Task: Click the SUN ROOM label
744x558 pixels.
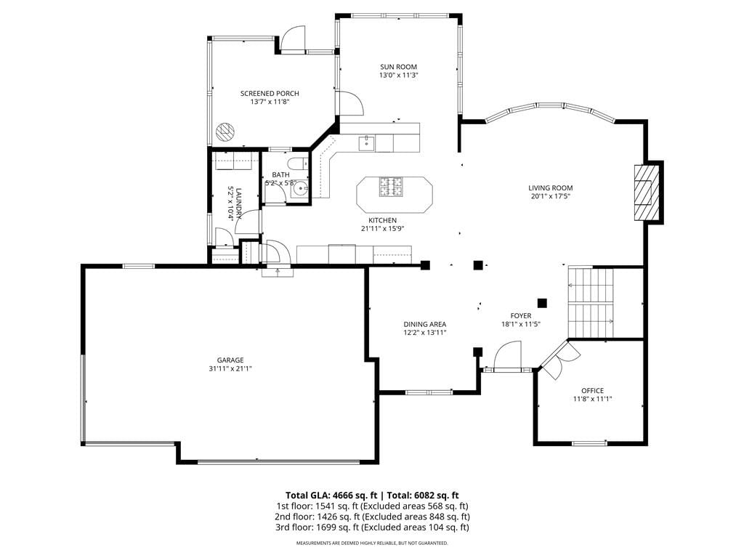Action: [398, 67]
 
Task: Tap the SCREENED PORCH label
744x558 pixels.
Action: [270, 94]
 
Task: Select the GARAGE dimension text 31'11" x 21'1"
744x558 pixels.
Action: [230, 368]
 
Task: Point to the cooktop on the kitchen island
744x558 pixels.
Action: [391, 187]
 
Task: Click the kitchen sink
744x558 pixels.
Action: [367, 142]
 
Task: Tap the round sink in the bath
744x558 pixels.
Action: [300, 190]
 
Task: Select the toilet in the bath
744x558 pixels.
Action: [299, 163]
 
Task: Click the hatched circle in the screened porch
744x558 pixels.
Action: [225, 131]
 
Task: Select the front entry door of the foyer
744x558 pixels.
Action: [507, 356]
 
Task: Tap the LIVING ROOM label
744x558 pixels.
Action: [551, 188]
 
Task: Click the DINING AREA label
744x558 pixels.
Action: [424, 325]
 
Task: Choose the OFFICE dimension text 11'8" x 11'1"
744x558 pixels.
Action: [593, 399]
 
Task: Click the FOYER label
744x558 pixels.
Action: [521, 316]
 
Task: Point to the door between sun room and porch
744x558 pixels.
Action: [349, 102]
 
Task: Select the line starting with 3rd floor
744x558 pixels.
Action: [372, 527]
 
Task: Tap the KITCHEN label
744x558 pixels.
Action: [382, 221]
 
